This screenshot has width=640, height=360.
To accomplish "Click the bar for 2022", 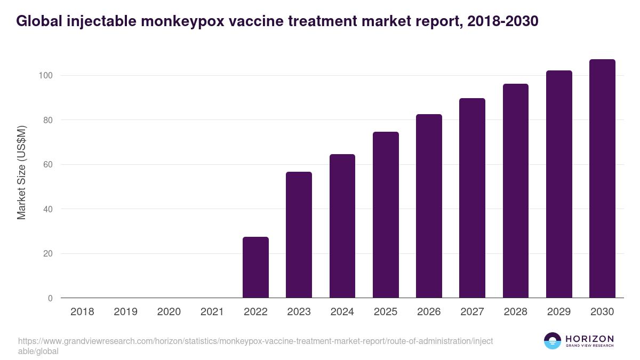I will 255,267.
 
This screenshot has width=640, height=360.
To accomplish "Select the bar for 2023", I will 299,235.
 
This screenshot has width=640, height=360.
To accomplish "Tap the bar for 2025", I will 386,214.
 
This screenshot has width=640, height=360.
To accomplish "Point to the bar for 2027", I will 472,198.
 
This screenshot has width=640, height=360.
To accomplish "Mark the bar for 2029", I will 559,184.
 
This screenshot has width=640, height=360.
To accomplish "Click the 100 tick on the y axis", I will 45,76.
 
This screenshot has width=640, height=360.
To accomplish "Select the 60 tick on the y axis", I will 47,165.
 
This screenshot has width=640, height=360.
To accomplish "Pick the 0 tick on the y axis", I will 50,298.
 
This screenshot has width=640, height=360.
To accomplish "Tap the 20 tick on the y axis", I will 47,254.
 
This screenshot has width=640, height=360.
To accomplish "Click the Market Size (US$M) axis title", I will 21,173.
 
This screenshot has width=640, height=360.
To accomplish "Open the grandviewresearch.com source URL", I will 255,346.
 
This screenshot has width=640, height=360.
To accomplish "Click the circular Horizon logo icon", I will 552,341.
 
